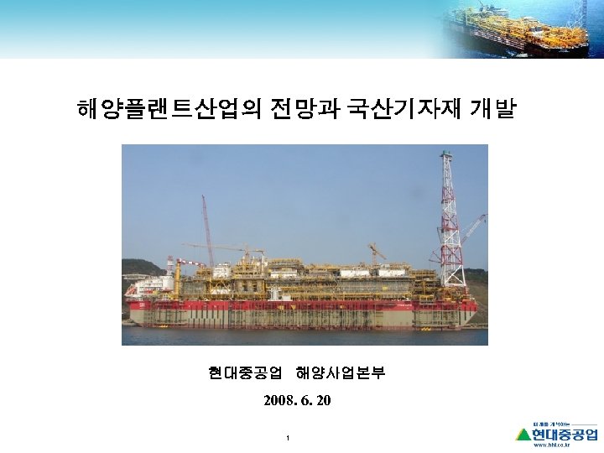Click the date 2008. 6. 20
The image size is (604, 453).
296,400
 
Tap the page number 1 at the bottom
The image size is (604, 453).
288,438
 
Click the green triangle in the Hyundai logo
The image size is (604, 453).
523,434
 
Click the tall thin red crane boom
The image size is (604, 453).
204,226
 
